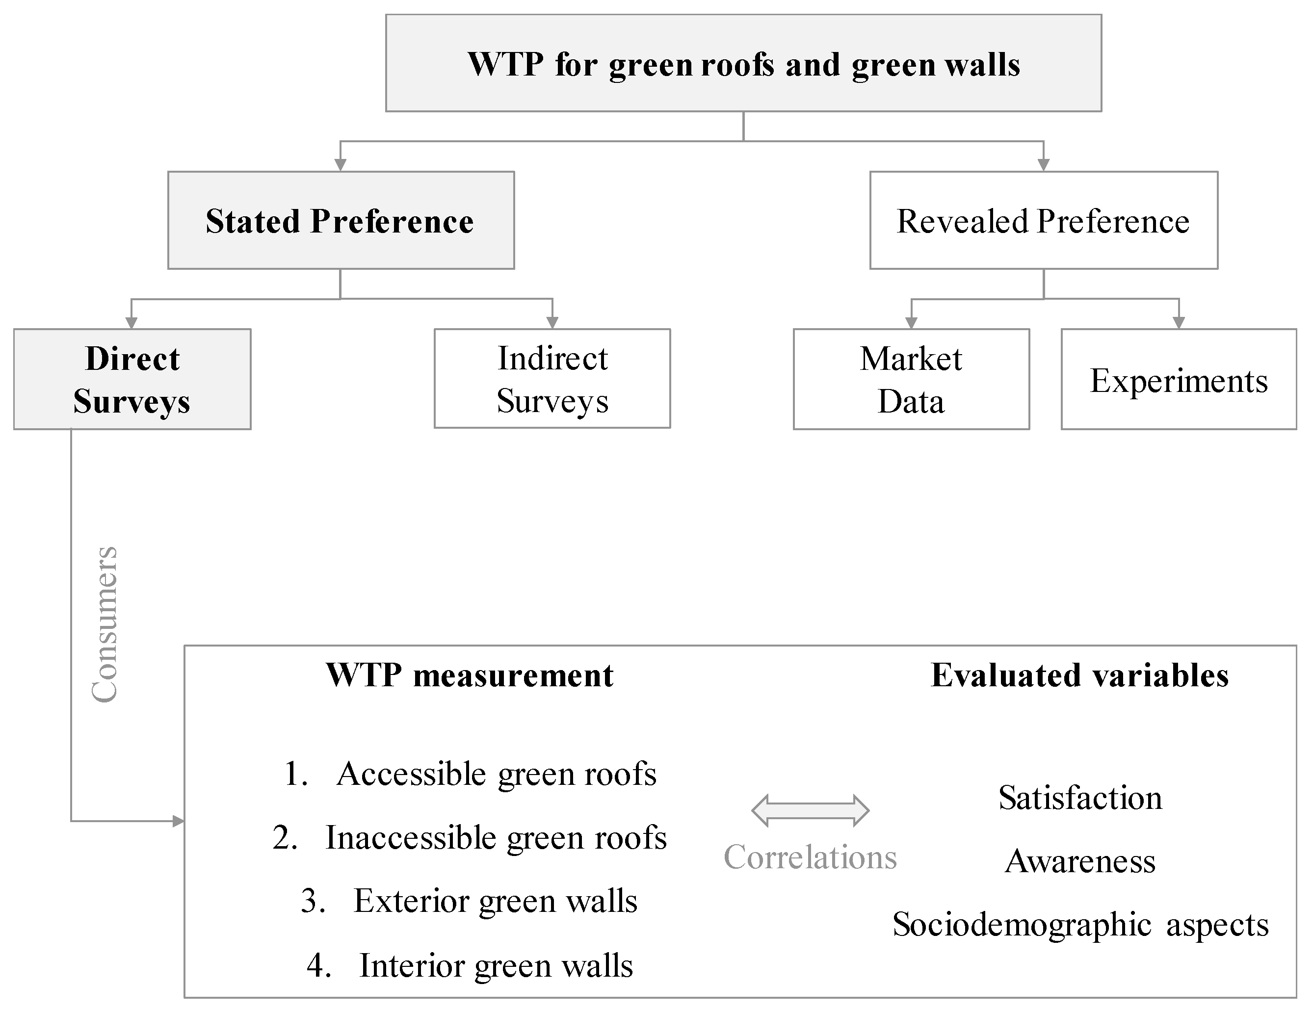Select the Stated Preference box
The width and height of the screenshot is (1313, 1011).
(x=341, y=221)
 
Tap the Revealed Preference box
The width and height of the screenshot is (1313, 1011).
(x=1043, y=221)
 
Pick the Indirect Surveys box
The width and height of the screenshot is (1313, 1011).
(x=552, y=379)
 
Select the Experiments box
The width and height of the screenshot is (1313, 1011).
(x=1179, y=380)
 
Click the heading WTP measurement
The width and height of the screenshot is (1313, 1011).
(x=470, y=675)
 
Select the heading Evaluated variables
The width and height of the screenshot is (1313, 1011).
(x=1080, y=675)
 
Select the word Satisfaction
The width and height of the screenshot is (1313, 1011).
(x=1080, y=798)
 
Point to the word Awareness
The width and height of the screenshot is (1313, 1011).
(x=1080, y=861)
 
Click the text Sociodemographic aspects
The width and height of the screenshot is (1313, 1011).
(x=1080, y=925)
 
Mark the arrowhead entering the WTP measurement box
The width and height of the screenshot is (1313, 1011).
(x=179, y=821)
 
